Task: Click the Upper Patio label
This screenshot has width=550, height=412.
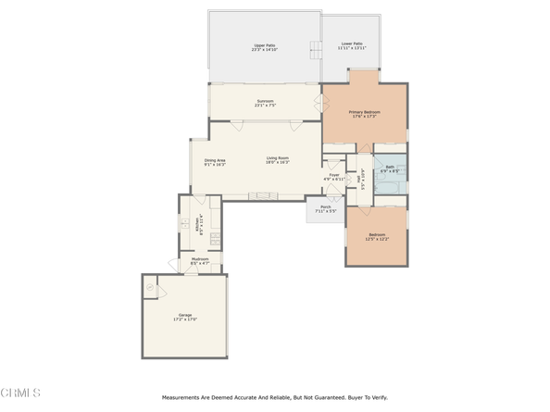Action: pyautogui.click(x=265, y=47)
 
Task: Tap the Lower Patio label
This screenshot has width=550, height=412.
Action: pyautogui.click(x=352, y=45)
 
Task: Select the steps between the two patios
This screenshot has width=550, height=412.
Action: pyautogui.click(x=314, y=48)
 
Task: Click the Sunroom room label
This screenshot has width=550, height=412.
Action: pyautogui.click(x=266, y=103)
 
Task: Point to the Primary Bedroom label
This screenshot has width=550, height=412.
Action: pyautogui.click(x=364, y=114)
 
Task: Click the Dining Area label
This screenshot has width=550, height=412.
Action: pyautogui.click(x=215, y=161)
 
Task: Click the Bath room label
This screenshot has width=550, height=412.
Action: pyautogui.click(x=390, y=169)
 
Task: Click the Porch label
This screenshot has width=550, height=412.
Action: pyautogui.click(x=325, y=208)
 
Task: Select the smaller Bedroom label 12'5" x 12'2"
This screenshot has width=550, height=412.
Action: pyautogui.click(x=377, y=236)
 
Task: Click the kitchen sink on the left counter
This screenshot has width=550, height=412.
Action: pyautogui.click(x=185, y=224)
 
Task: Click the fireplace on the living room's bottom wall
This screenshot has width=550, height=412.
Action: pyautogui.click(x=261, y=194)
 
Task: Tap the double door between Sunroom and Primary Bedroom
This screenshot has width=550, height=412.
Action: pyautogui.click(x=321, y=103)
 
